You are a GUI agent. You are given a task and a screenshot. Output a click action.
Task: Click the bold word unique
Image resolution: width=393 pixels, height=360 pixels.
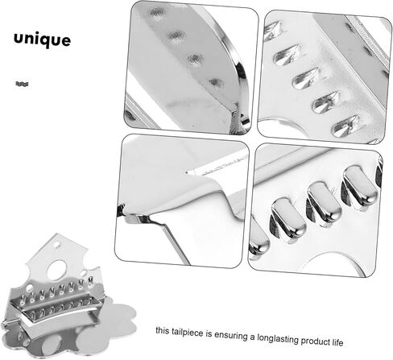43,39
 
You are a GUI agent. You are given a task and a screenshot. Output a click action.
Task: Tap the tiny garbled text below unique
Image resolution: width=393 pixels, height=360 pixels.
22,84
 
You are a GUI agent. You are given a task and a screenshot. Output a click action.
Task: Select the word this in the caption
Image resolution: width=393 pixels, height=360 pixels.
163,330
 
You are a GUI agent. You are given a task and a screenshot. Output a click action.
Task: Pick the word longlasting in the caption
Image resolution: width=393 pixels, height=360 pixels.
278,338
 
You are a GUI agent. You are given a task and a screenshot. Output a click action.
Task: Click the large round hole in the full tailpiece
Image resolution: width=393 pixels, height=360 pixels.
57,269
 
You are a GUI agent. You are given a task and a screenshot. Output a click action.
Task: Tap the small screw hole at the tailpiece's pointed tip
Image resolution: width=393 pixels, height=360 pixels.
57,245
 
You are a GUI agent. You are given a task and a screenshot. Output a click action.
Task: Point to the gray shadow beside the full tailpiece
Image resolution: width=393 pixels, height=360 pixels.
113,322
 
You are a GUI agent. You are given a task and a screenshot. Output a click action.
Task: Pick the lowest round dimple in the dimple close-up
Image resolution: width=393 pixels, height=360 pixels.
217,83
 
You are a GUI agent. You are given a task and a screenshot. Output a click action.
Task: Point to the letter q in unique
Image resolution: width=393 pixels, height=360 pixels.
43,41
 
